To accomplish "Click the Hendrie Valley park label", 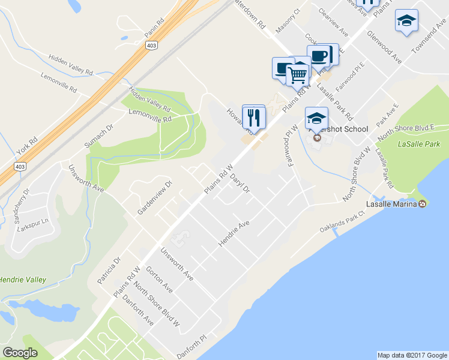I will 23,280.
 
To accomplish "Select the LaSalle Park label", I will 419,144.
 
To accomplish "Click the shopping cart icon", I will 298,74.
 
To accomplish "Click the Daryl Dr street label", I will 239,179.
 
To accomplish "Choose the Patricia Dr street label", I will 109,271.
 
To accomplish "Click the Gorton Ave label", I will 159,280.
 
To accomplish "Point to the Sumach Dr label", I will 99,137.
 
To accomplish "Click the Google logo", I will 20,353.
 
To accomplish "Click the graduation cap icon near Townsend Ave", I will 407,21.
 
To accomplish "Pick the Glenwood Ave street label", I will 384,46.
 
